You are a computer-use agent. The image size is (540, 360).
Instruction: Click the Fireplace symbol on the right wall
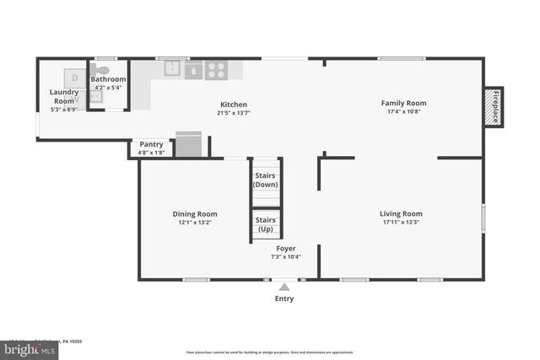point(494,107)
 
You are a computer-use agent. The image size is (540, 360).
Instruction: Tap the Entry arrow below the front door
point(284,287)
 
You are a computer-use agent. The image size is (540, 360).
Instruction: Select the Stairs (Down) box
point(266,179)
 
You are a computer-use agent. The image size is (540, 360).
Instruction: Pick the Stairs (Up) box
point(266,224)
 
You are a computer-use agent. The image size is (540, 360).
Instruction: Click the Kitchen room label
point(232,105)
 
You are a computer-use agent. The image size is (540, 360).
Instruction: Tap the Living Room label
point(401,213)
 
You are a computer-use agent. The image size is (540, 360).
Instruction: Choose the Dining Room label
point(195,214)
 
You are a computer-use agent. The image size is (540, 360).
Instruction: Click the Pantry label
point(151,144)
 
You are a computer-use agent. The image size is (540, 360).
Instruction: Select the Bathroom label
point(109,79)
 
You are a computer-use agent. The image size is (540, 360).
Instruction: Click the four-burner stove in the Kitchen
point(216,71)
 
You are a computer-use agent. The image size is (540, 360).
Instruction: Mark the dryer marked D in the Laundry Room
point(74,78)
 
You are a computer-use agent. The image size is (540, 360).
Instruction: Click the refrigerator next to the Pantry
point(188,145)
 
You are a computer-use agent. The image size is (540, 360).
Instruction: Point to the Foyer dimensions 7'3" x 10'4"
point(285,257)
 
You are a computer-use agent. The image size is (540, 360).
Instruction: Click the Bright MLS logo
point(30,347)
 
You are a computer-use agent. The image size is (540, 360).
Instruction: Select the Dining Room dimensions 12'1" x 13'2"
point(195,223)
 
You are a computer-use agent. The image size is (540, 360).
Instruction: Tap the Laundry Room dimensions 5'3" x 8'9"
point(64,109)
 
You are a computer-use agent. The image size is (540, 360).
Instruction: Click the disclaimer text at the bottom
point(269,352)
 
